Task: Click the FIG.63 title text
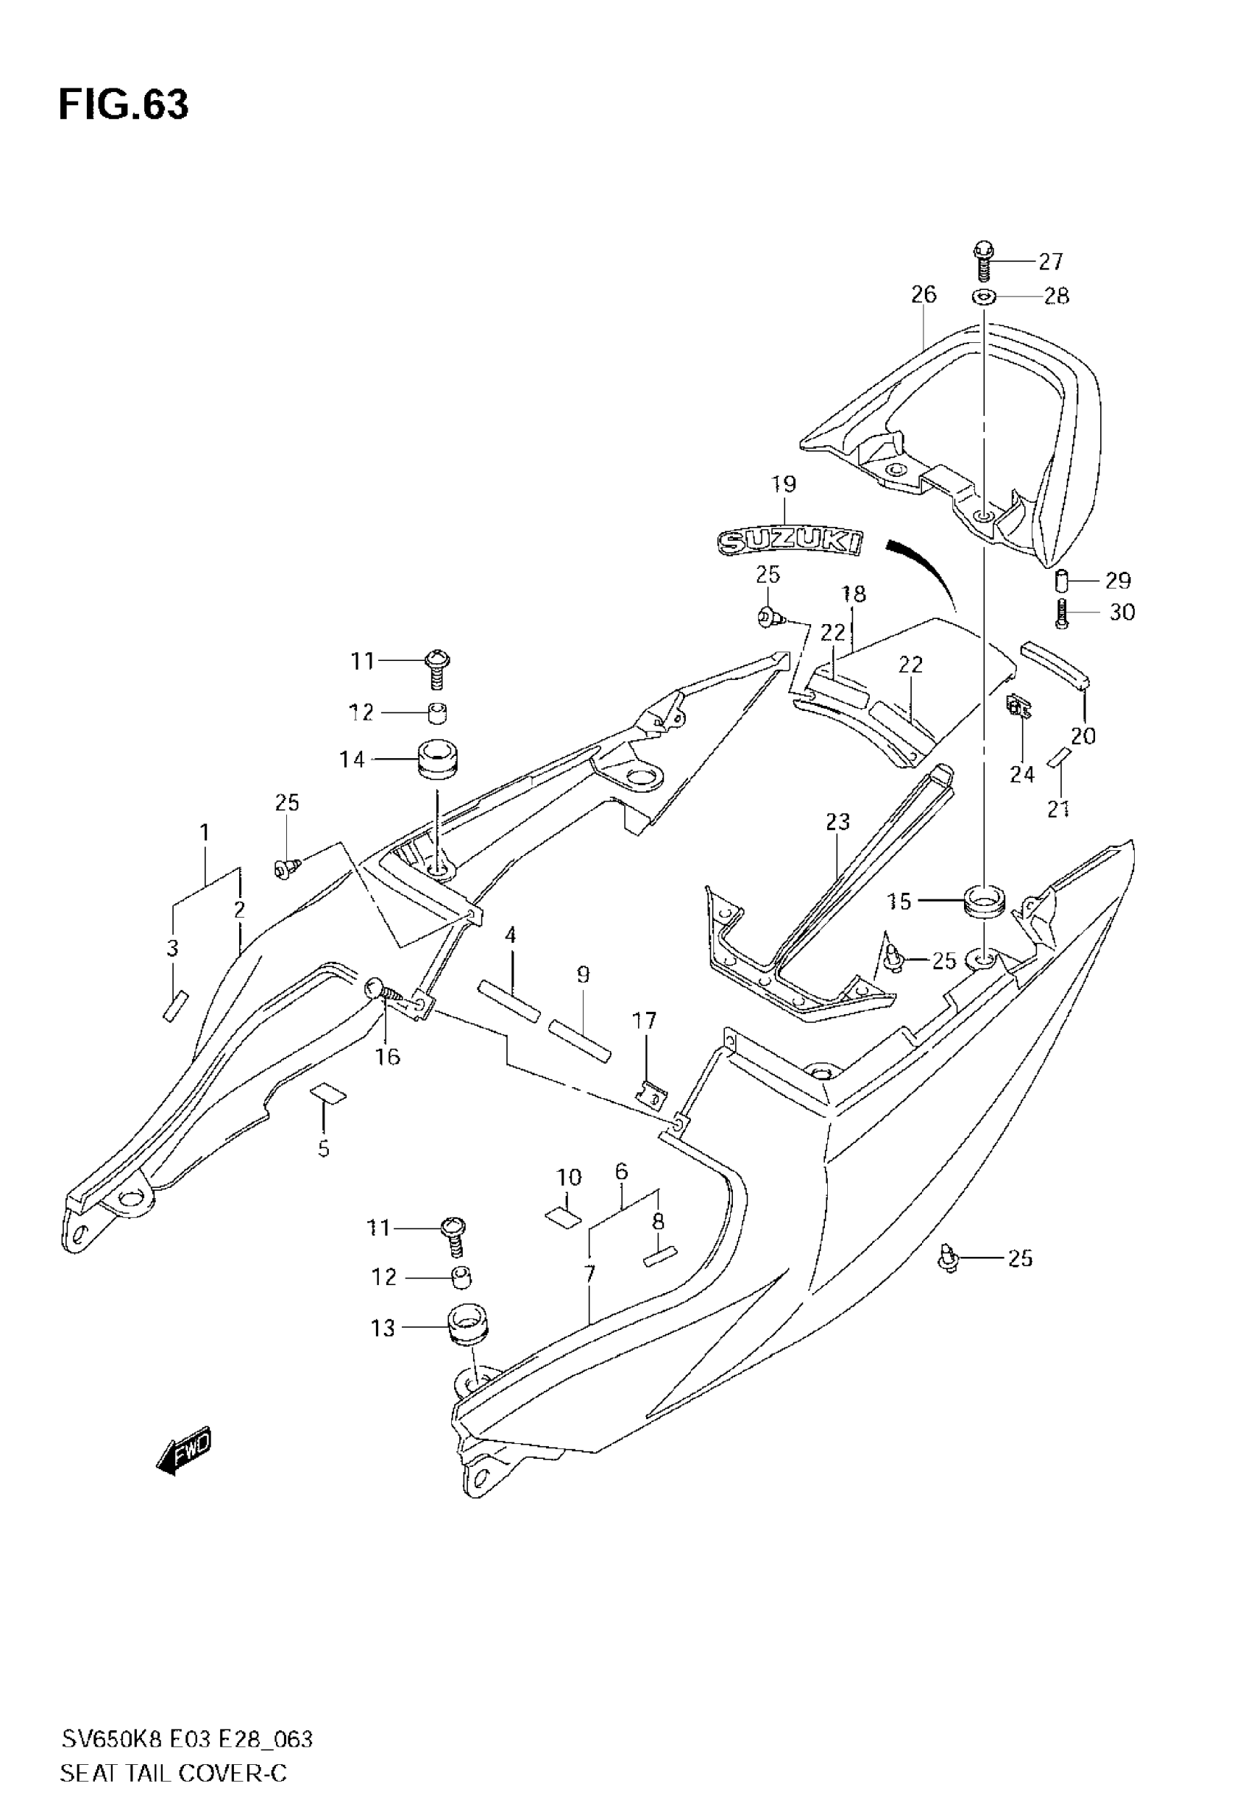[x=124, y=105]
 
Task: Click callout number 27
[x=1050, y=261]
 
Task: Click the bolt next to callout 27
[x=984, y=262]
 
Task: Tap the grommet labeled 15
[x=984, y=902]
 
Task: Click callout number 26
[x=924, y=294]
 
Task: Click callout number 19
[x=783, y=484]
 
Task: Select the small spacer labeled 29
[x=1061, y=581]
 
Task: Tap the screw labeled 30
[x=1061, y=612]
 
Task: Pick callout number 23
[x=837, y=821]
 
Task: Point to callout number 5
[x=324, y=1149]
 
